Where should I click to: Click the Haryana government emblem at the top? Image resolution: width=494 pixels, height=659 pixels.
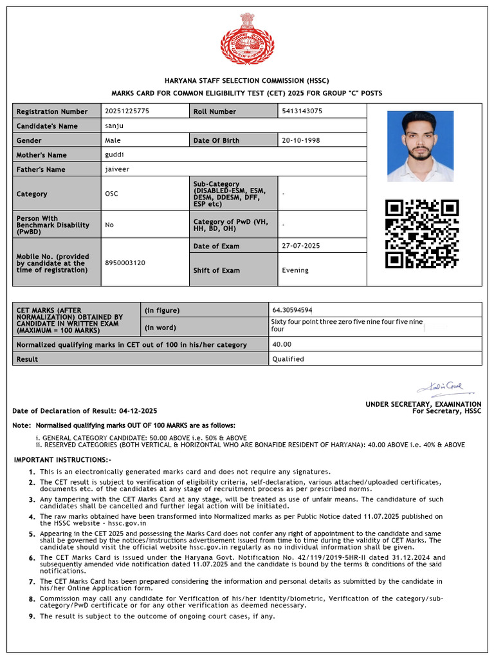pos(247,40)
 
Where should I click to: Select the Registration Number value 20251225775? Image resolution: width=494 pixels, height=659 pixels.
pos(127,111)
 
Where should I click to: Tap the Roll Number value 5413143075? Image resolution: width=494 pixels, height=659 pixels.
pos(302,111)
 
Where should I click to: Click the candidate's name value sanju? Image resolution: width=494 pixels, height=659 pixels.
pos(113,126)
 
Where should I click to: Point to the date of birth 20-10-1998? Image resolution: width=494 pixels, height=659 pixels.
pos(300,140)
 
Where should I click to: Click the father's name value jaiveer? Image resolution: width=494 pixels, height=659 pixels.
pos(116,169)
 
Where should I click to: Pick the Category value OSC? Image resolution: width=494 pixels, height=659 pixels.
pos(111,194)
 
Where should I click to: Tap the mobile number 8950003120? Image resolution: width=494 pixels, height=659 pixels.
pos(125,263)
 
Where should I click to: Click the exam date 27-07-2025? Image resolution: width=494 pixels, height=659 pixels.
pos(300,246)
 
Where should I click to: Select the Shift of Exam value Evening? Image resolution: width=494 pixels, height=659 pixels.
pos(295,270)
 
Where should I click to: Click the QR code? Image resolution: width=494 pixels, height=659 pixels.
pos(422,234)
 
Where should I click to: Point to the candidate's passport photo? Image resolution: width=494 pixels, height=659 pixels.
pos(420,146)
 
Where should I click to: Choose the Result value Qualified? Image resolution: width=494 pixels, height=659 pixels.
pos(288,359)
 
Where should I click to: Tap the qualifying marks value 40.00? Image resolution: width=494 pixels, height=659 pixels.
pos(282,345)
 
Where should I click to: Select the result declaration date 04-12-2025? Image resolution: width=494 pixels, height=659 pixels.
pos(138,411)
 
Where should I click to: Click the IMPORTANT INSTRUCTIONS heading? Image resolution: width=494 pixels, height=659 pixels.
pos(63,459)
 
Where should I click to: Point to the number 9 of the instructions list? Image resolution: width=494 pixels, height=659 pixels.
pos(31,617)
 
